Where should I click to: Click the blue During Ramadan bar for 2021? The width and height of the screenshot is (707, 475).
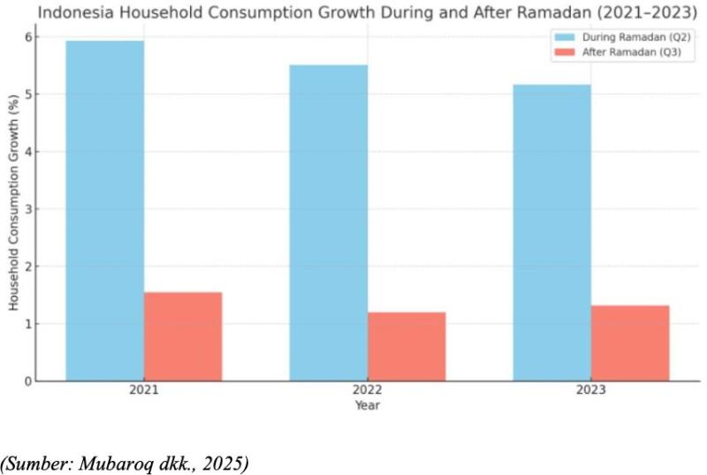coord(104,211)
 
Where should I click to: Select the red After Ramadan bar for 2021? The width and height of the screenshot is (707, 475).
coord(183,336)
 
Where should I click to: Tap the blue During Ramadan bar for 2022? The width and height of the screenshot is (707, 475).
coord(328,222)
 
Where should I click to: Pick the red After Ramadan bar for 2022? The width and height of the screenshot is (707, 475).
coord(407,346)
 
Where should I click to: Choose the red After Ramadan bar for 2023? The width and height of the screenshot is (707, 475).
coord(630,343)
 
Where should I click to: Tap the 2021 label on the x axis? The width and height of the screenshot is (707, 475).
coord(144,391)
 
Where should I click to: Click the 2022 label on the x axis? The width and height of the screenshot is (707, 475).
coord(368,391)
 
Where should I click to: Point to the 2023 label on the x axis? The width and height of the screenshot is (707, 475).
coord(591,391)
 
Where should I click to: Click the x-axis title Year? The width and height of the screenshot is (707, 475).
coord(368,405)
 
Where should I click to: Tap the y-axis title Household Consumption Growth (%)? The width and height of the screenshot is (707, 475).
coord(14,209)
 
